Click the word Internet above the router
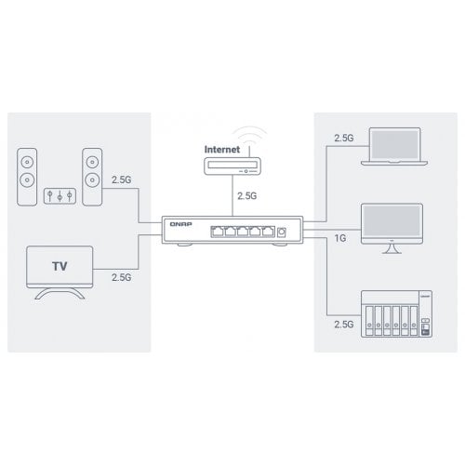(222, 150)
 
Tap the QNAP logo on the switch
(180, 224)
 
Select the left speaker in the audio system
(27, 177)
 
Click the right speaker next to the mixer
(92, 177)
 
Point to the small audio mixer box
(60, 196)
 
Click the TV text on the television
(60, 266)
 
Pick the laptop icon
(394, 146)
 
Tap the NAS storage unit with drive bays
(397, 314)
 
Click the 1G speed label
(340, 238)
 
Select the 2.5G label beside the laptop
(344, 138)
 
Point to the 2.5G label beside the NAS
(344, 325)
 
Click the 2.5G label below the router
(247, 196)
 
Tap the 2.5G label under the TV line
(122, 277)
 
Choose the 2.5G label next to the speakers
(122, 179)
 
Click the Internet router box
(232, 166)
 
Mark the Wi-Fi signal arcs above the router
(250, 131)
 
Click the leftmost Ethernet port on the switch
(217, 232)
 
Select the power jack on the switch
(282, 232)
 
